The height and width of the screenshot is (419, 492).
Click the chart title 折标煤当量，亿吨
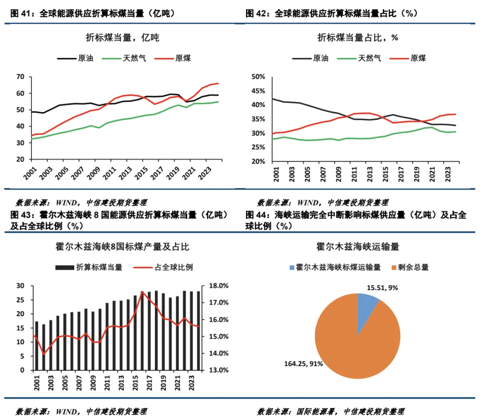[123, 37]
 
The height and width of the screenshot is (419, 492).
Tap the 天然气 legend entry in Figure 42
[369, 58]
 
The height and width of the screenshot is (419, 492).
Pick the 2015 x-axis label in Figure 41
[143, 174]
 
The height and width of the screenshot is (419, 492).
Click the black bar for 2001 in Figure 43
[36, 346]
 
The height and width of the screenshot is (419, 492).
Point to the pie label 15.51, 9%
[384, 288]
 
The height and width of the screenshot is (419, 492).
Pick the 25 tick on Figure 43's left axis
[20, 300]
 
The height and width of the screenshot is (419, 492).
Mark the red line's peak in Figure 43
[142, 292]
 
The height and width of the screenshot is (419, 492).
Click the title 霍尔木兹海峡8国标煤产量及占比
[123, 247]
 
